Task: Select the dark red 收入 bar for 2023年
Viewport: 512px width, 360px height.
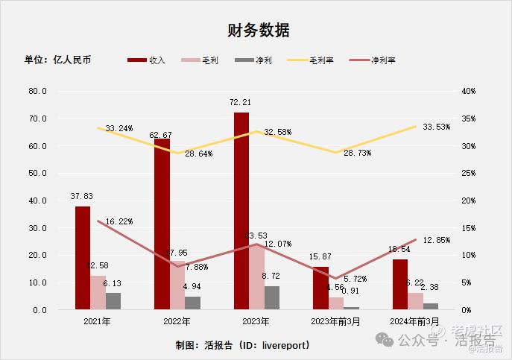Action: (241, 210)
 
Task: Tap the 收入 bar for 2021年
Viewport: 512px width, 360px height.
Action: (83, 257)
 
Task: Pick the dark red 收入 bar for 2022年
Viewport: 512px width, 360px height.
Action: (162, 224)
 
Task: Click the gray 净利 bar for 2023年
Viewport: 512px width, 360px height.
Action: (272, 297)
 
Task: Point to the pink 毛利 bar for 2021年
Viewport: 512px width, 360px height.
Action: (98, 292)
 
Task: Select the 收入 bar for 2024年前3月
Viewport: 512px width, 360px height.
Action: (400, 284)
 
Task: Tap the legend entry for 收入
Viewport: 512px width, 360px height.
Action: (147, 60)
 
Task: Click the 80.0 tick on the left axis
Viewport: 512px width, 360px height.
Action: (37, 91)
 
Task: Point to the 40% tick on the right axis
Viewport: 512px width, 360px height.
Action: (469, 91)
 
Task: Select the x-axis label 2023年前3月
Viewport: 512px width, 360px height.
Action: (335, 321)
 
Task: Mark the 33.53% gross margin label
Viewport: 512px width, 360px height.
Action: (436, 127)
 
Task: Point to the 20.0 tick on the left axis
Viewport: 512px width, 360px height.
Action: (37, 255)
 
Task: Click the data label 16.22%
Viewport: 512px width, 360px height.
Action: (119, 221)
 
